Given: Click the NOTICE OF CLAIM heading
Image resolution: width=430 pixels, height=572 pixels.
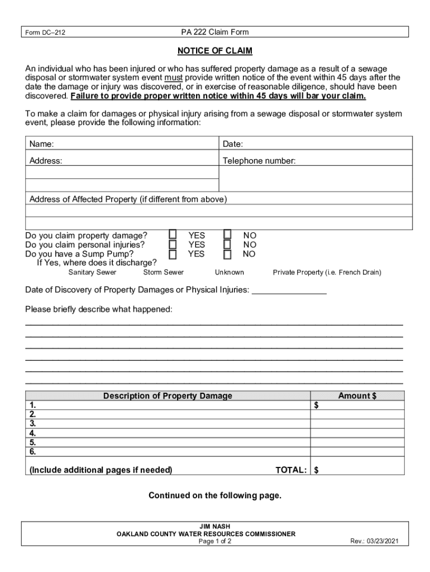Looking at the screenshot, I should click(215, 51).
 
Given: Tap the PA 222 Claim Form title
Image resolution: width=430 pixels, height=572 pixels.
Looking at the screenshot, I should click(215, 32).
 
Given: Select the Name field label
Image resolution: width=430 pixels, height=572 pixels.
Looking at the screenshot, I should click(41, 145).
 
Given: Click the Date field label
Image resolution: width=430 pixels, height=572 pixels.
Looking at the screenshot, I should click(233, 145).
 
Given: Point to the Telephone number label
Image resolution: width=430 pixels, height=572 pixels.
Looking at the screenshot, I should click(259, 161).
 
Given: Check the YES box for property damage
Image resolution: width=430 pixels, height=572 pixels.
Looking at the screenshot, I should click(173, 234).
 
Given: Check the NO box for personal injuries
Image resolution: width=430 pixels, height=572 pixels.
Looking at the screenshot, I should click(227, 244).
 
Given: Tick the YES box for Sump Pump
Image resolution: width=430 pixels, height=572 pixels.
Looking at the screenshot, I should click(173, 255).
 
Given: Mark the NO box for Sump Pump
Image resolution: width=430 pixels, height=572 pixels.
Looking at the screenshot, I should click(227, 255).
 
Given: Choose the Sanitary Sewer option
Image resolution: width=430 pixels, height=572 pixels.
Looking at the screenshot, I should click(92, 273).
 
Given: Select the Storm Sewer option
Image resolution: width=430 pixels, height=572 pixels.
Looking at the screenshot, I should click(163, 273).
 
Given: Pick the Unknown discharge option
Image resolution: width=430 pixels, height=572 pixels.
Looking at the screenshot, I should click(230, 273).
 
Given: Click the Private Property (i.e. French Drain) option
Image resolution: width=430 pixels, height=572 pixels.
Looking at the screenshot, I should click(327, 273).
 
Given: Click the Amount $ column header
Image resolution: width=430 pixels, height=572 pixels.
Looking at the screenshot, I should click(357, 396).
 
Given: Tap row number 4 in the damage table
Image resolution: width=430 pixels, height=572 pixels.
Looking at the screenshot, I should click(33, 433).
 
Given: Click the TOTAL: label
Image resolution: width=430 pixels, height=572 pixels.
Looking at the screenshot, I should click(291, 470).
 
